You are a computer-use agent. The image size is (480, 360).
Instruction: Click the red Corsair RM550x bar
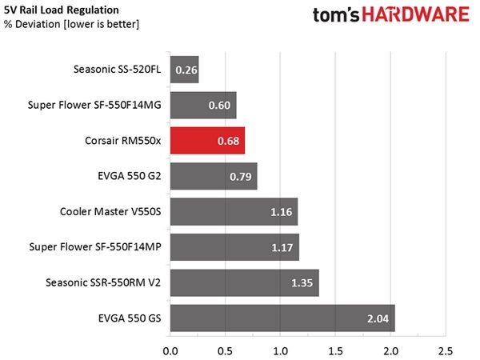click(207, 141)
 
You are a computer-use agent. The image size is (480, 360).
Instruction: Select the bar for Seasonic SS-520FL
click(185, 70)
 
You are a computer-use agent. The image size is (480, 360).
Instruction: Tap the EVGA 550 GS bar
click(282, 318)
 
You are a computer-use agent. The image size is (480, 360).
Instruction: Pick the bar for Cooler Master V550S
click(234, 211)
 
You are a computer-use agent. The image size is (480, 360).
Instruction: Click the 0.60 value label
click(219, 106)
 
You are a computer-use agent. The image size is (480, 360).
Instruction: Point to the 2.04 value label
click(378, 318)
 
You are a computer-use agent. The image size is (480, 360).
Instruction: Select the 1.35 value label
click(302, 283)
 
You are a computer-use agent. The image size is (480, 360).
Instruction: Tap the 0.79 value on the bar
click(241, 176)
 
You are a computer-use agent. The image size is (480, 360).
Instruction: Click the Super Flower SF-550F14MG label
click(94, 105)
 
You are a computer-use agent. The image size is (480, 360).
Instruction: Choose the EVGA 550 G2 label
click(129, 176)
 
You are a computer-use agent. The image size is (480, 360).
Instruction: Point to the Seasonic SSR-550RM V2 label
click(103, 282)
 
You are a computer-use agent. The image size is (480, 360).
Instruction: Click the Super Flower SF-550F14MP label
click(95, 246)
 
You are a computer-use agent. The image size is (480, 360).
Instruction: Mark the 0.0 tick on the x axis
click(170, 351)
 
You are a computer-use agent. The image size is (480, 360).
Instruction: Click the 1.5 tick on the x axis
click(335, 351)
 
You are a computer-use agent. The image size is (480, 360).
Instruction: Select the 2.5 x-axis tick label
click(446, 351)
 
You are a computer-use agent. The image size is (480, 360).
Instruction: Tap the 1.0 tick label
click(281, 351)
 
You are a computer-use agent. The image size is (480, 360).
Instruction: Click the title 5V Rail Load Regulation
click(62, 10)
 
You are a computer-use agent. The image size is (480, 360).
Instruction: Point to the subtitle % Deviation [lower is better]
click(72, 24)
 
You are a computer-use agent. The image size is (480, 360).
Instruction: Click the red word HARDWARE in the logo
click(415, 14)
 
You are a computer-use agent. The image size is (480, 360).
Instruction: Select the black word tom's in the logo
click(336, 15)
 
